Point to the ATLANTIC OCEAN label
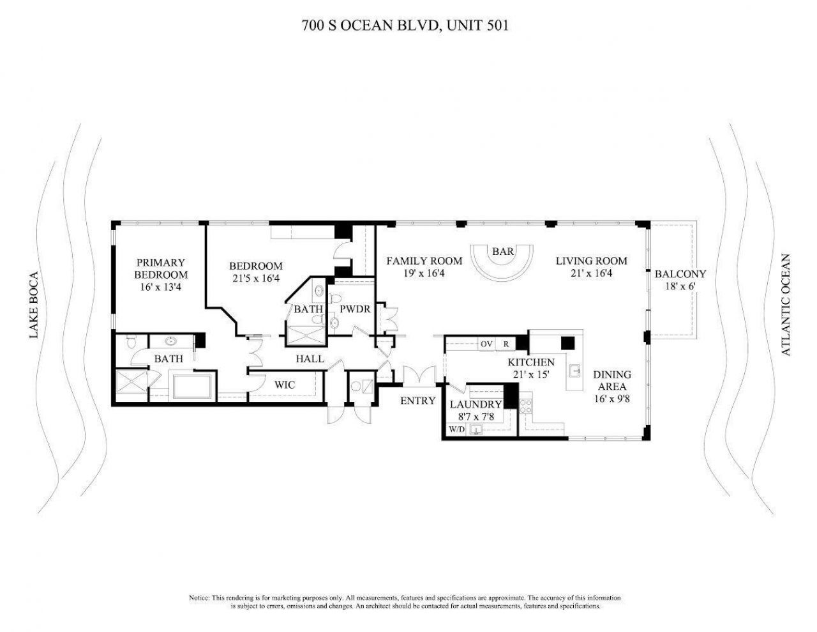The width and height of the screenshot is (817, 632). pos(785,305)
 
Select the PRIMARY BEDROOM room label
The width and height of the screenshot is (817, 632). pos(161,268)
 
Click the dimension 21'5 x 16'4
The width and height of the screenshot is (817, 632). pos(255,278)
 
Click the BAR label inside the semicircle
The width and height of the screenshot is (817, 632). pos(503,252)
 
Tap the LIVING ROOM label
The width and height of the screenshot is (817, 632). pos(591,261)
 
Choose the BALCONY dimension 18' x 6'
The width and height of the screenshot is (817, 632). pos(680,286)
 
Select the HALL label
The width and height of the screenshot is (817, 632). pos(309,359)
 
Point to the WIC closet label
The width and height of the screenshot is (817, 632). pos(284,385)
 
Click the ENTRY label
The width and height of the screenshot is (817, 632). pos(417,401)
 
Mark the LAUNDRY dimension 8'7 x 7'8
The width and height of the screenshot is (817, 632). pos(476,416)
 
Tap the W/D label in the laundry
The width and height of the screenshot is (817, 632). pos(456,429)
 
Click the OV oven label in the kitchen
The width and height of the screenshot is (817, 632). pos(486,344)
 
